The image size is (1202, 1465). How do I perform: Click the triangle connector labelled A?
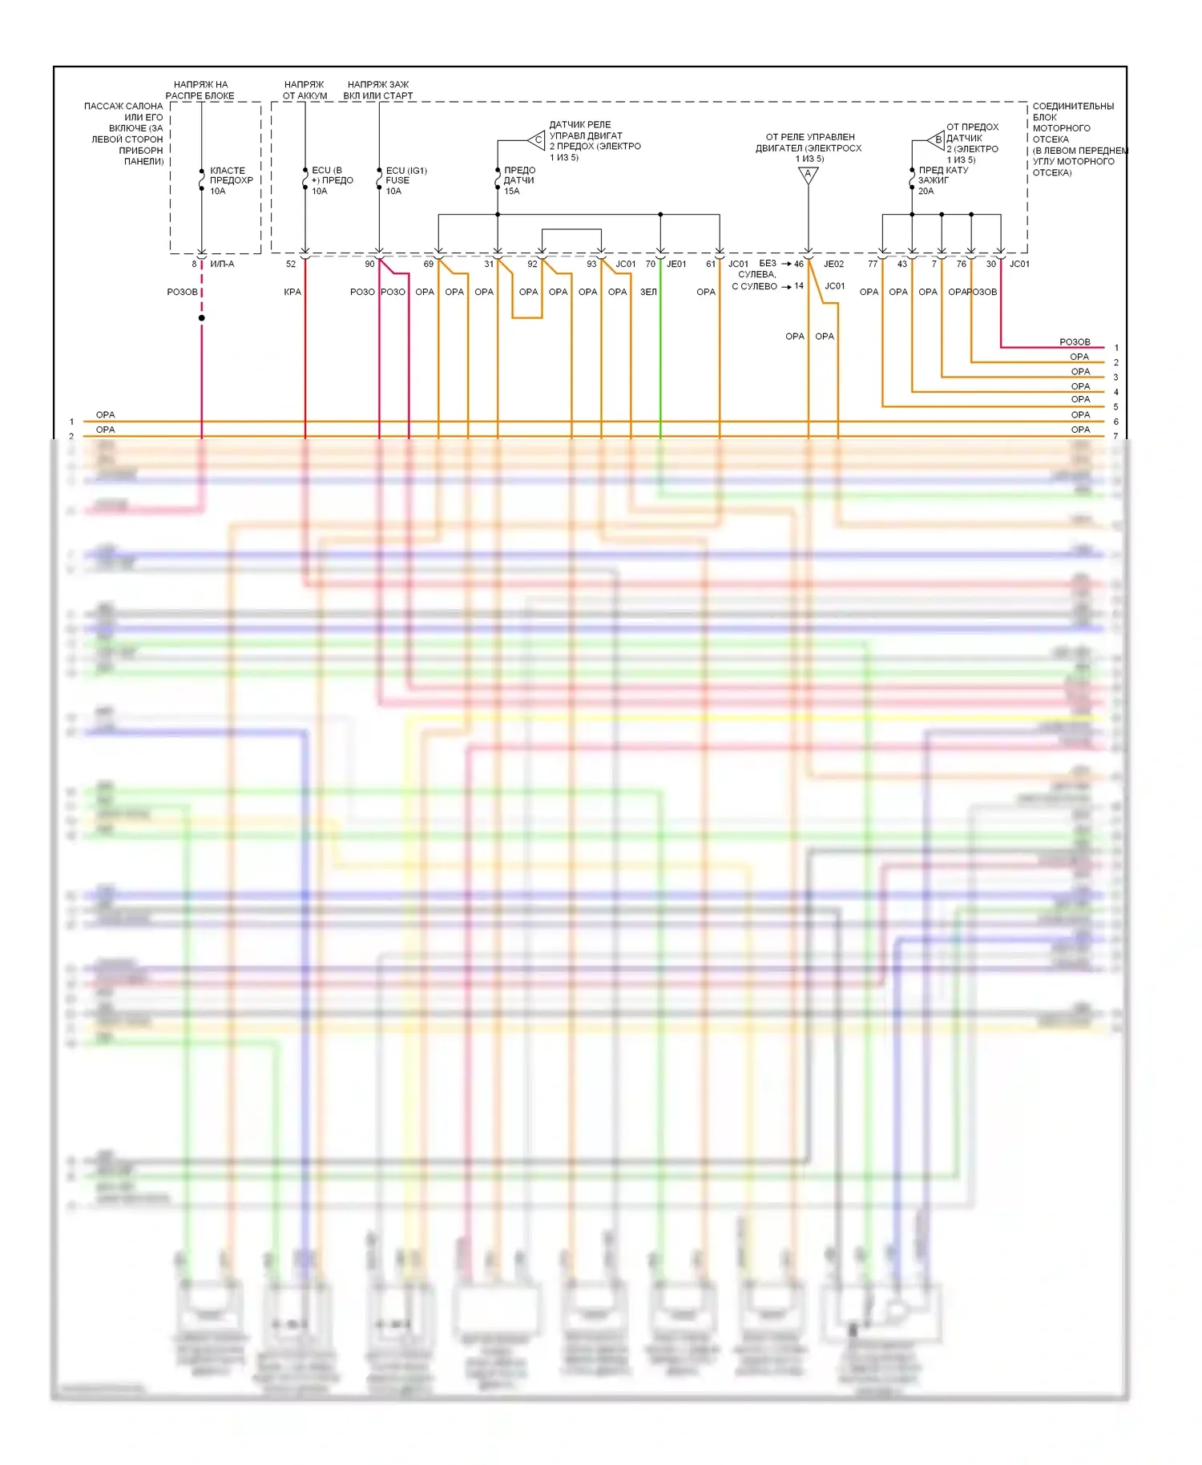808,175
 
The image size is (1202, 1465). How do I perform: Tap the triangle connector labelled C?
538,140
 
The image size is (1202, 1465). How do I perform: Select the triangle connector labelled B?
937,139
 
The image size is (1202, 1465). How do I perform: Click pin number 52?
291,264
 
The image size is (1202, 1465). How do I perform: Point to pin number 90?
369,264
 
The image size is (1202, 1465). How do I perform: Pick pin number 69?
429,264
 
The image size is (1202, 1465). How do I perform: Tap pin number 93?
591,264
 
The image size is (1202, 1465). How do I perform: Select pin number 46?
799,264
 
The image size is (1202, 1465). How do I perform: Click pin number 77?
873,264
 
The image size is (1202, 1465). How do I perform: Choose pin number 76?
962,264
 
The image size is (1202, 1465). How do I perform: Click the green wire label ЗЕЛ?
648,292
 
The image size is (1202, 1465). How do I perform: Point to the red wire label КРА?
292,292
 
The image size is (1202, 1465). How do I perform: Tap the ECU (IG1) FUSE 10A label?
405,180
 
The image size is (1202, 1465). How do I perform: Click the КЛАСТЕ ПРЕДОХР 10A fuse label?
231,180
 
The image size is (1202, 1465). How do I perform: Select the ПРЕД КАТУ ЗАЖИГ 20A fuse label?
942,180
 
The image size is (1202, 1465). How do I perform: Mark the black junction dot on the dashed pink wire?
202,318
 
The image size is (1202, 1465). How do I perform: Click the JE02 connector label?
833,264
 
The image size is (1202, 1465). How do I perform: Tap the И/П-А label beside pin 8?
222,264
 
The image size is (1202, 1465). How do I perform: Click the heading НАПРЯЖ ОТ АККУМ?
305,90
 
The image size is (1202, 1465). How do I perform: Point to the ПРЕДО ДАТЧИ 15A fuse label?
518,180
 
